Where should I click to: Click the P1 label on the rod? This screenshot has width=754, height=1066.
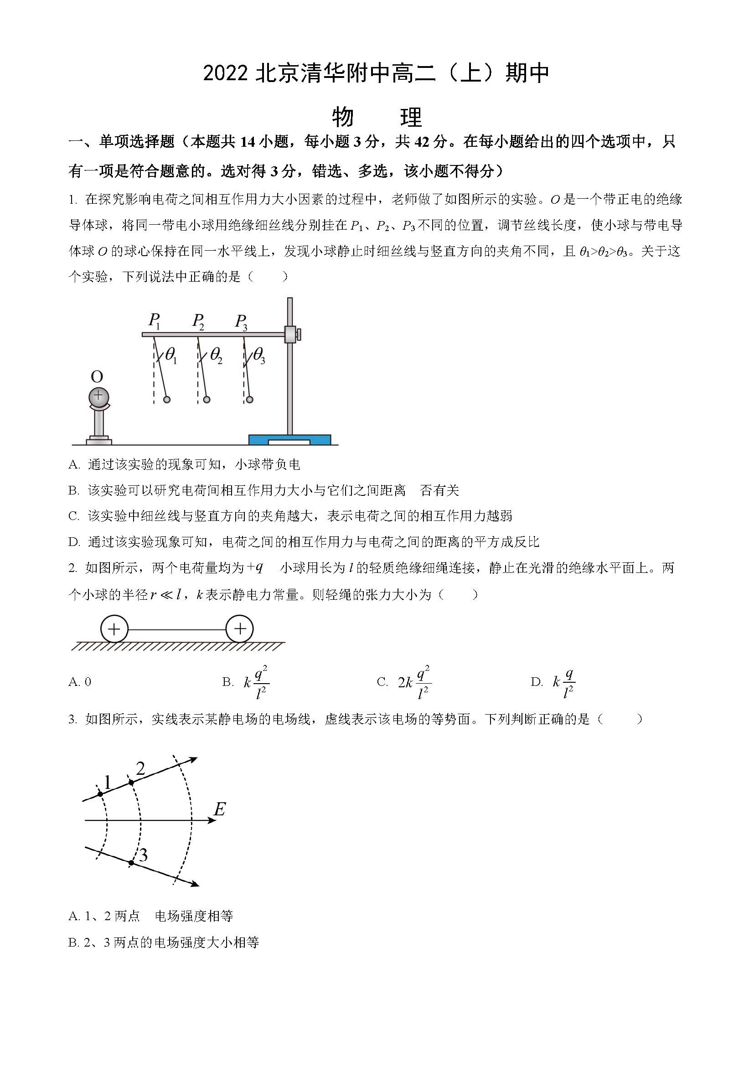(x=154, y=321)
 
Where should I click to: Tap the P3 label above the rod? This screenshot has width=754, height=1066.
(x=241, y=322)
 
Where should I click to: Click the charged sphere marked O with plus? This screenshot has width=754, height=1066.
(x=98, y=396)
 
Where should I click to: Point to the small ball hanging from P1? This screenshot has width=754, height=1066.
(x=167, y=400)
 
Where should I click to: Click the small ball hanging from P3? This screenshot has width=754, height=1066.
(x=250, y=400)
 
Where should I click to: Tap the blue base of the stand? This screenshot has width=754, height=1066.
(x=290, y=439)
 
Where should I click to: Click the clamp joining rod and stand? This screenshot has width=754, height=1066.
(x=291, y=334)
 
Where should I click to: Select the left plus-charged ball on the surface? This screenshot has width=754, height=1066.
(x=114, y=629)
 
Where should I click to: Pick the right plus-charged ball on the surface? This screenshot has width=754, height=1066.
(x=240, y=629)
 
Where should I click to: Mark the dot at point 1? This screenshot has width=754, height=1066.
(x=100, y=794)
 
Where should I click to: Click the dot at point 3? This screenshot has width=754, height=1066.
(x=131, y=863)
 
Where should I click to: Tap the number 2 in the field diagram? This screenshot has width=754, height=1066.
(x=140, y=769)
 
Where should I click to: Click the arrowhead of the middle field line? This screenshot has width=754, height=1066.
(x=211, y=821)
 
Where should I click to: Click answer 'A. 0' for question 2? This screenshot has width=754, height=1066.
(x=80, y=681)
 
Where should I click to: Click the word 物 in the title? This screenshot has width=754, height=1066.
(x=343, y=117)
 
